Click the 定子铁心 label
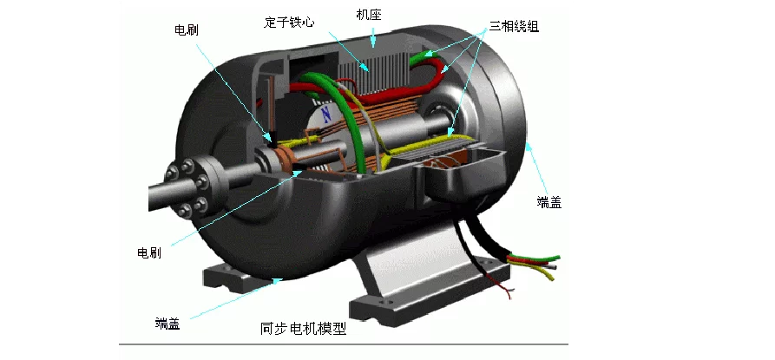tap(289, 23)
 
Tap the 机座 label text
tap(368, 15)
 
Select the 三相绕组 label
tap(514, 26)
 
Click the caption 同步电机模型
tap(304, 329)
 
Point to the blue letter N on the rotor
tap(325, 115)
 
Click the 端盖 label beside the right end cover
tap(548, 202)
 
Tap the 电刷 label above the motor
tap(187, 29)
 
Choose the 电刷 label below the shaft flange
tap(148, 252)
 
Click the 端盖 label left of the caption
tap(167, 324)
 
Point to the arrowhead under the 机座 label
tap(374, 43)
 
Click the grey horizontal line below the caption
tap(344, 344)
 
